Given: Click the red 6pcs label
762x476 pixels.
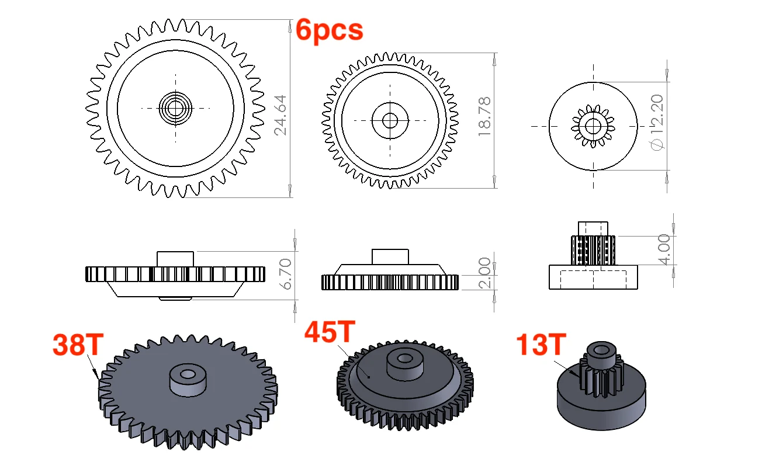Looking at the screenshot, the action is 330,30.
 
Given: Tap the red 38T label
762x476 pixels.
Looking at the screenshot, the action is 78,345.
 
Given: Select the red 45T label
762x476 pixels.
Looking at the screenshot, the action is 330,331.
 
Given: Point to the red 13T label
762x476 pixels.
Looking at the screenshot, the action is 541,345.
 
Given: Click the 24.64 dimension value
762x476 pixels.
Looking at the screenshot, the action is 280,115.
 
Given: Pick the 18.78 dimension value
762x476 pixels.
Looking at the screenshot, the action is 484,117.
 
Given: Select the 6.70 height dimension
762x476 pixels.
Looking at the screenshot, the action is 286,274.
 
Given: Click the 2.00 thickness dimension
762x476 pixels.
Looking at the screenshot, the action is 484,273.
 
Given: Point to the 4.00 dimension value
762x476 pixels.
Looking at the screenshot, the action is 664,249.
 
